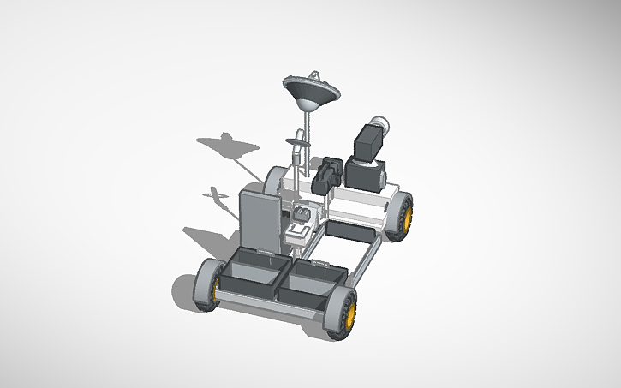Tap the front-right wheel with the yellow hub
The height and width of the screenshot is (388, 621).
click(343, 312)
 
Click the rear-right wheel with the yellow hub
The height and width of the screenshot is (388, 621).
click(402, 215)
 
